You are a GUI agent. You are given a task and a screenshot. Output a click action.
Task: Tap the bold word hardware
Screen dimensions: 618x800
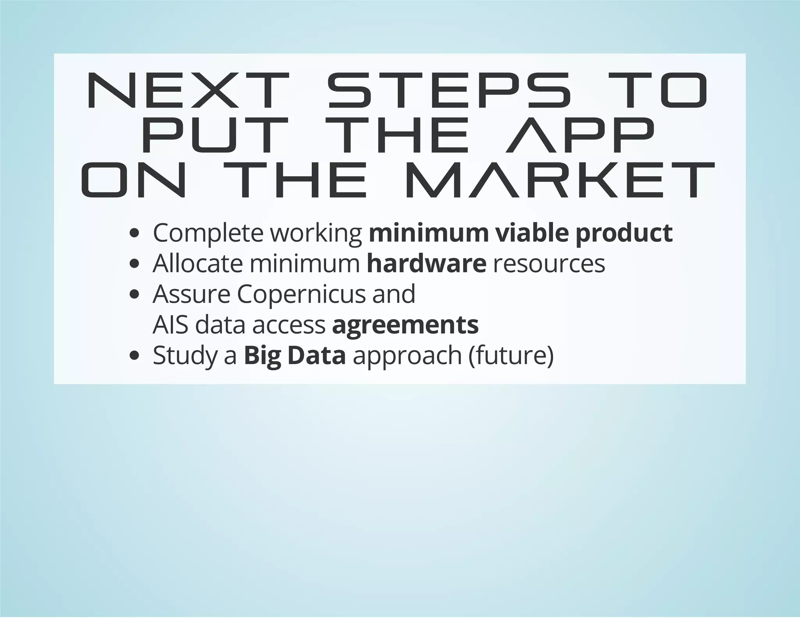point(427,264)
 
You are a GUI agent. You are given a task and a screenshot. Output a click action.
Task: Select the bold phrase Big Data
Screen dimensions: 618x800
point(295,356)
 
